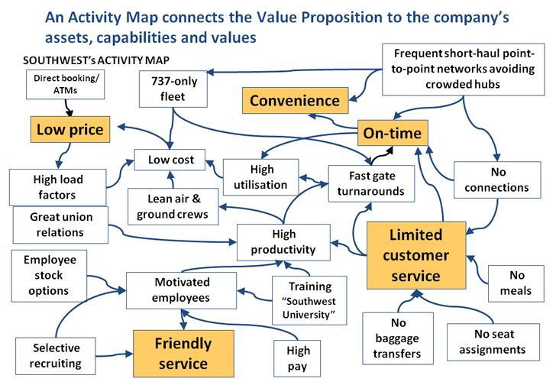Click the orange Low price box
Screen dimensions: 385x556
click(x=69, y=131)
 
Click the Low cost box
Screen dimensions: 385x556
click(x=171, y=160)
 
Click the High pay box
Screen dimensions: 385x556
click(x=299, y=358)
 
